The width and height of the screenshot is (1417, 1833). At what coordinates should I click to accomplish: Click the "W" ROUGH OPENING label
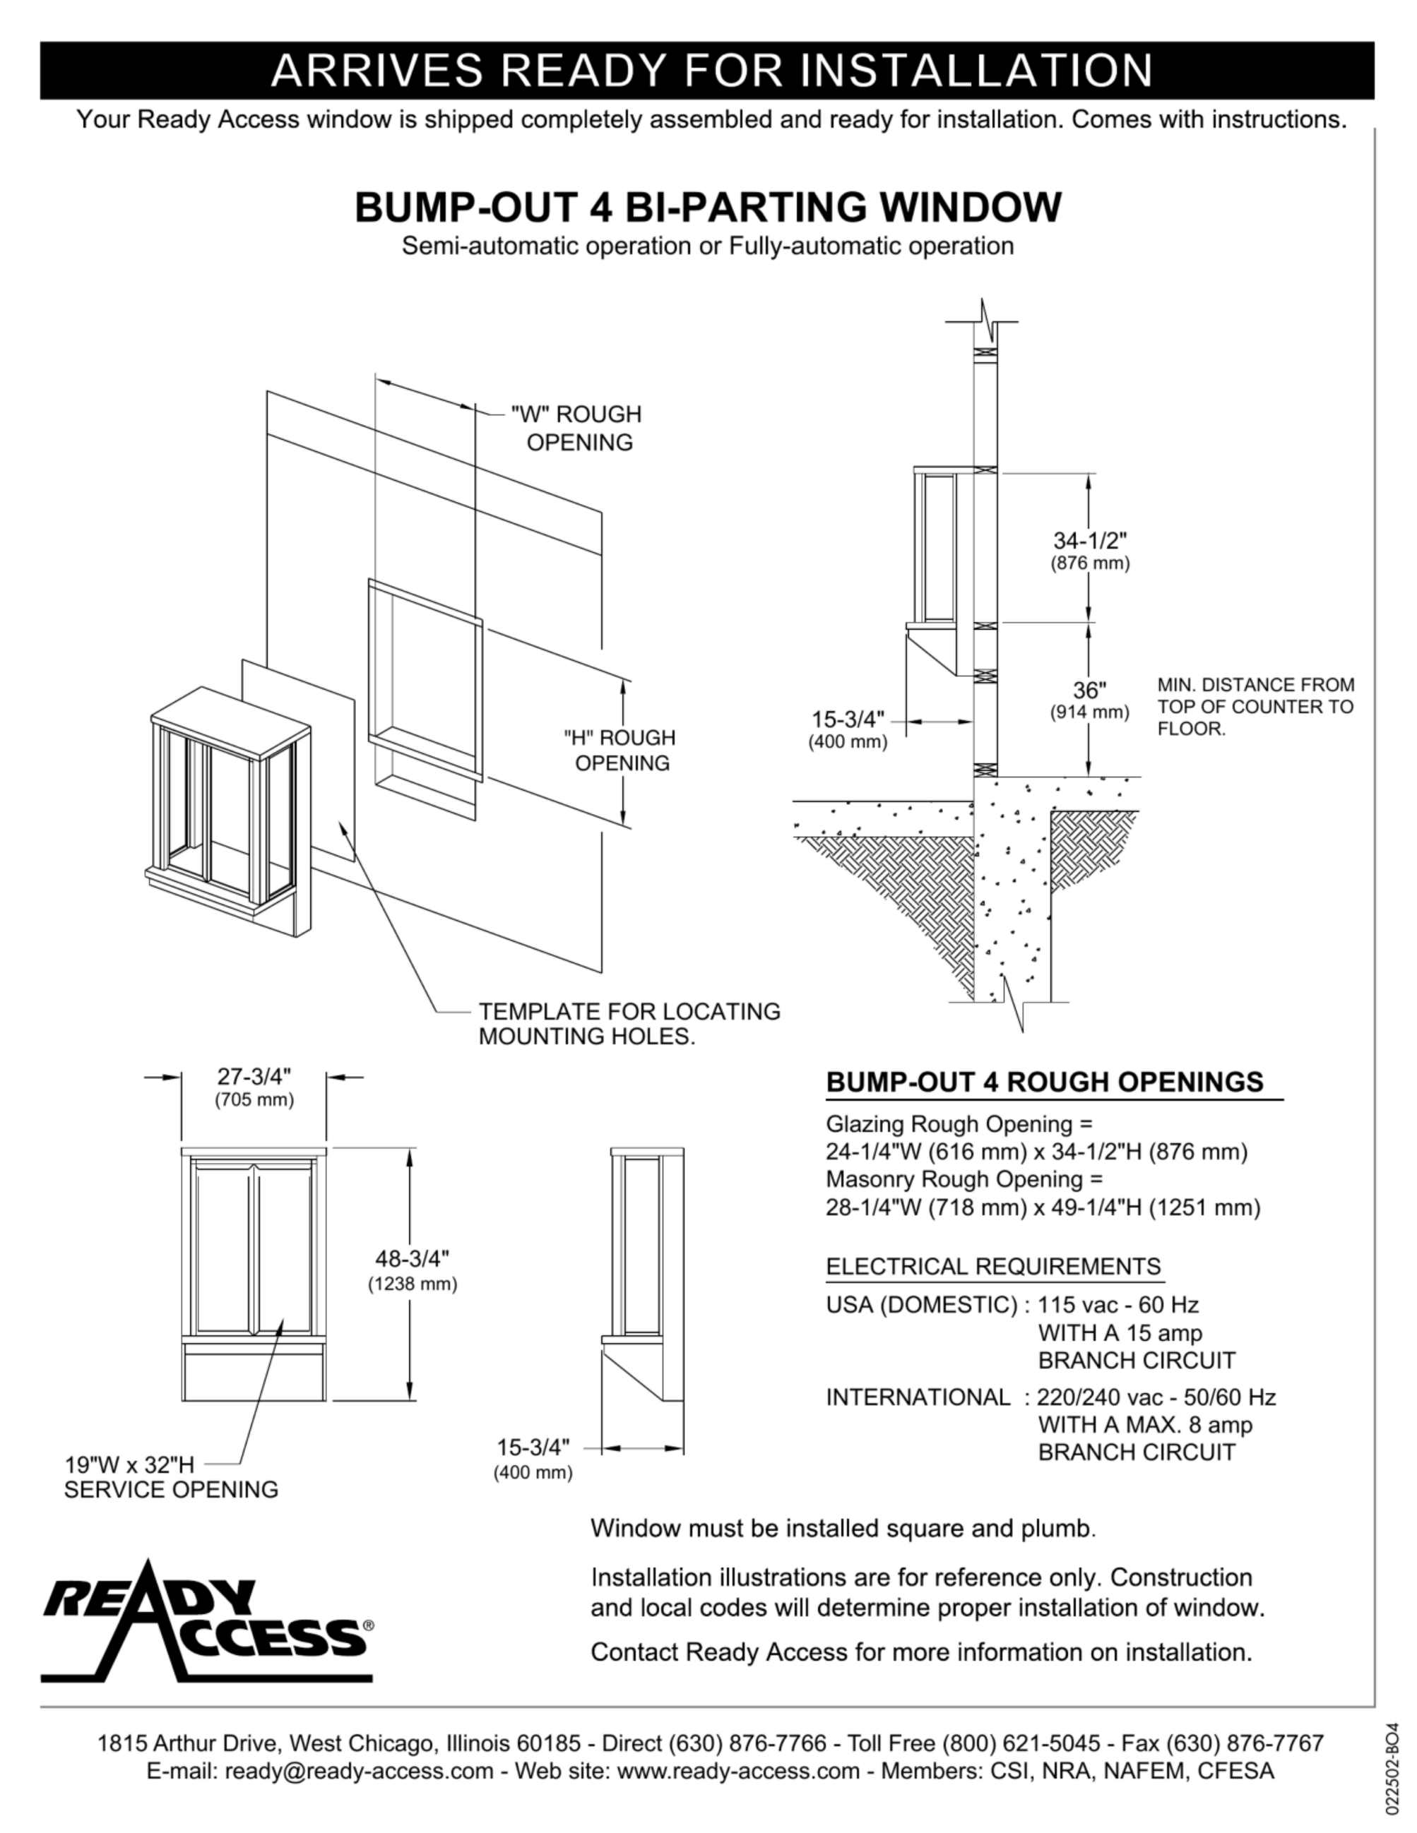(576, 428)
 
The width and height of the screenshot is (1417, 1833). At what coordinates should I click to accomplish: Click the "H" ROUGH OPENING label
(620, 751)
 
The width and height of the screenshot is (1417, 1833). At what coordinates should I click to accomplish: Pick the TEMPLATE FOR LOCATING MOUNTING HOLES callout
(629, 1024)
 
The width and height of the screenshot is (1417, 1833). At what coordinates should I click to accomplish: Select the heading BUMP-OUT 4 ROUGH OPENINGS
(1044, 1082)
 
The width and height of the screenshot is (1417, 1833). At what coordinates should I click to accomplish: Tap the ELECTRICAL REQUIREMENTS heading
(993, 1267)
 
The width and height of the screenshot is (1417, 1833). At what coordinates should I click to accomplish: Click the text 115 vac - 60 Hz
(1117, 1305)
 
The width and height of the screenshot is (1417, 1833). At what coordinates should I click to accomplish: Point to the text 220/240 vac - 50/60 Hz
(1156, 1397)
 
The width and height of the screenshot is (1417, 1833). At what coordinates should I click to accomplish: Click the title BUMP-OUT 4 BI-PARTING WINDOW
(708, 208)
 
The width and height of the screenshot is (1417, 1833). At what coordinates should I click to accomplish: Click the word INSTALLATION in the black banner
(976, 71)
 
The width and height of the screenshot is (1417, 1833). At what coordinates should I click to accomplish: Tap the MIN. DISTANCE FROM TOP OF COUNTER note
(1255, 707)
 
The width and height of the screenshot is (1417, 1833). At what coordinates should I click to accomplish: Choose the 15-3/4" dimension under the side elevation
(533, 1447)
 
